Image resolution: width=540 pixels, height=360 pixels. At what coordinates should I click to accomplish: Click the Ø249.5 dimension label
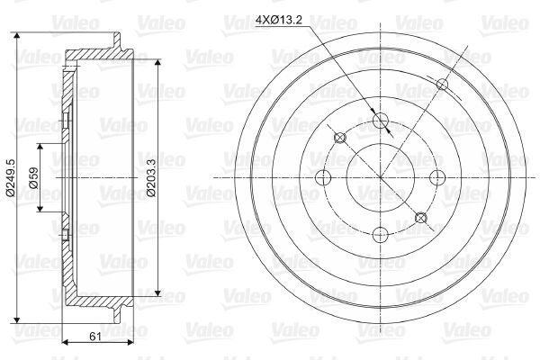pos(10,178)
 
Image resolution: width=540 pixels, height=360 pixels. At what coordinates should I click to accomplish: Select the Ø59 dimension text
pos(33,177)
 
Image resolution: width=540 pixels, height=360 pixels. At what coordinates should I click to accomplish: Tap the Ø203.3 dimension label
pos(151,178)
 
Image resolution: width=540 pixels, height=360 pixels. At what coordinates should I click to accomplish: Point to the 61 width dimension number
pos(95,336)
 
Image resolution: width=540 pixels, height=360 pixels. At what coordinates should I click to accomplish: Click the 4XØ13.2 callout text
pos(279,20)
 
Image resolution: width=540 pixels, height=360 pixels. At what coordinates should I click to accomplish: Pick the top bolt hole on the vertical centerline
pos(381,120)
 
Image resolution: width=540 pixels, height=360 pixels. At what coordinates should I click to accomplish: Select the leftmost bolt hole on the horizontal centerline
pos(323,178)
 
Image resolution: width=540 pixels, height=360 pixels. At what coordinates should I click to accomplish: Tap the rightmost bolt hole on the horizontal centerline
pos(437,178)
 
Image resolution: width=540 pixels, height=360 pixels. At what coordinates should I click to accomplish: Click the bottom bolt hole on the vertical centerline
pos(381,235)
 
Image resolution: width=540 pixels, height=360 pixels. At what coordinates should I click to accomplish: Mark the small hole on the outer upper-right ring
pos(442,84)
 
